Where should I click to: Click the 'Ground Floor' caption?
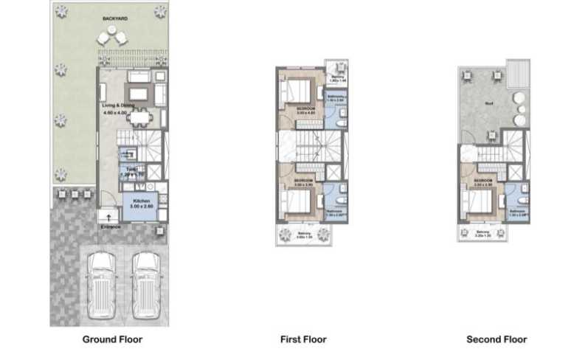coord(111,339)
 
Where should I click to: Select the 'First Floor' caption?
coord(303,339)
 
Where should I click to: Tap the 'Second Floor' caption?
coord(496,339)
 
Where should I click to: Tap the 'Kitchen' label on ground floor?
coord(142,201)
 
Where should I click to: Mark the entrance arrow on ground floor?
coord(109,218)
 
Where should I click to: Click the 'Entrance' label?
coord(111,226)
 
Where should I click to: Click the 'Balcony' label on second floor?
coord(483,232)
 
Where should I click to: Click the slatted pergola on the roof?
coord(518,74)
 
